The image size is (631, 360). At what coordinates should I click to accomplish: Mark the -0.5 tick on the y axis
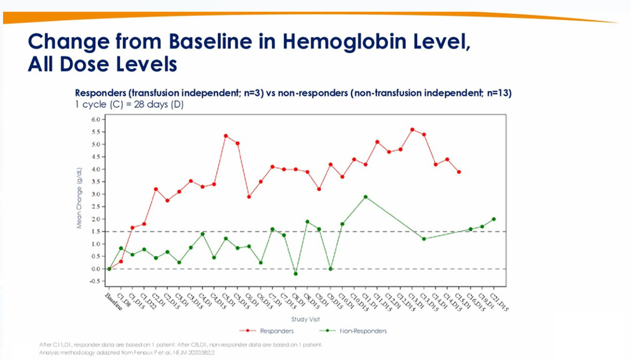(95, 281)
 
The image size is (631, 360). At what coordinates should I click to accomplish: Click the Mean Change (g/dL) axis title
(79, 198)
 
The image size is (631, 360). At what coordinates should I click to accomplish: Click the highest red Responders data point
(412, 130)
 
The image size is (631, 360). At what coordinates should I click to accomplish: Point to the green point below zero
(295, 274)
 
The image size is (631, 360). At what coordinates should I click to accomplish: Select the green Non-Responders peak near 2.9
(366, 197)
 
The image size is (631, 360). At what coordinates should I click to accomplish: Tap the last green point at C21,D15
(494, 219)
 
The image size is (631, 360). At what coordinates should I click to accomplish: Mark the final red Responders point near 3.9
(459, 172)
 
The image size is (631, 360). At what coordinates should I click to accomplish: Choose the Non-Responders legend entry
(357, 331)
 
